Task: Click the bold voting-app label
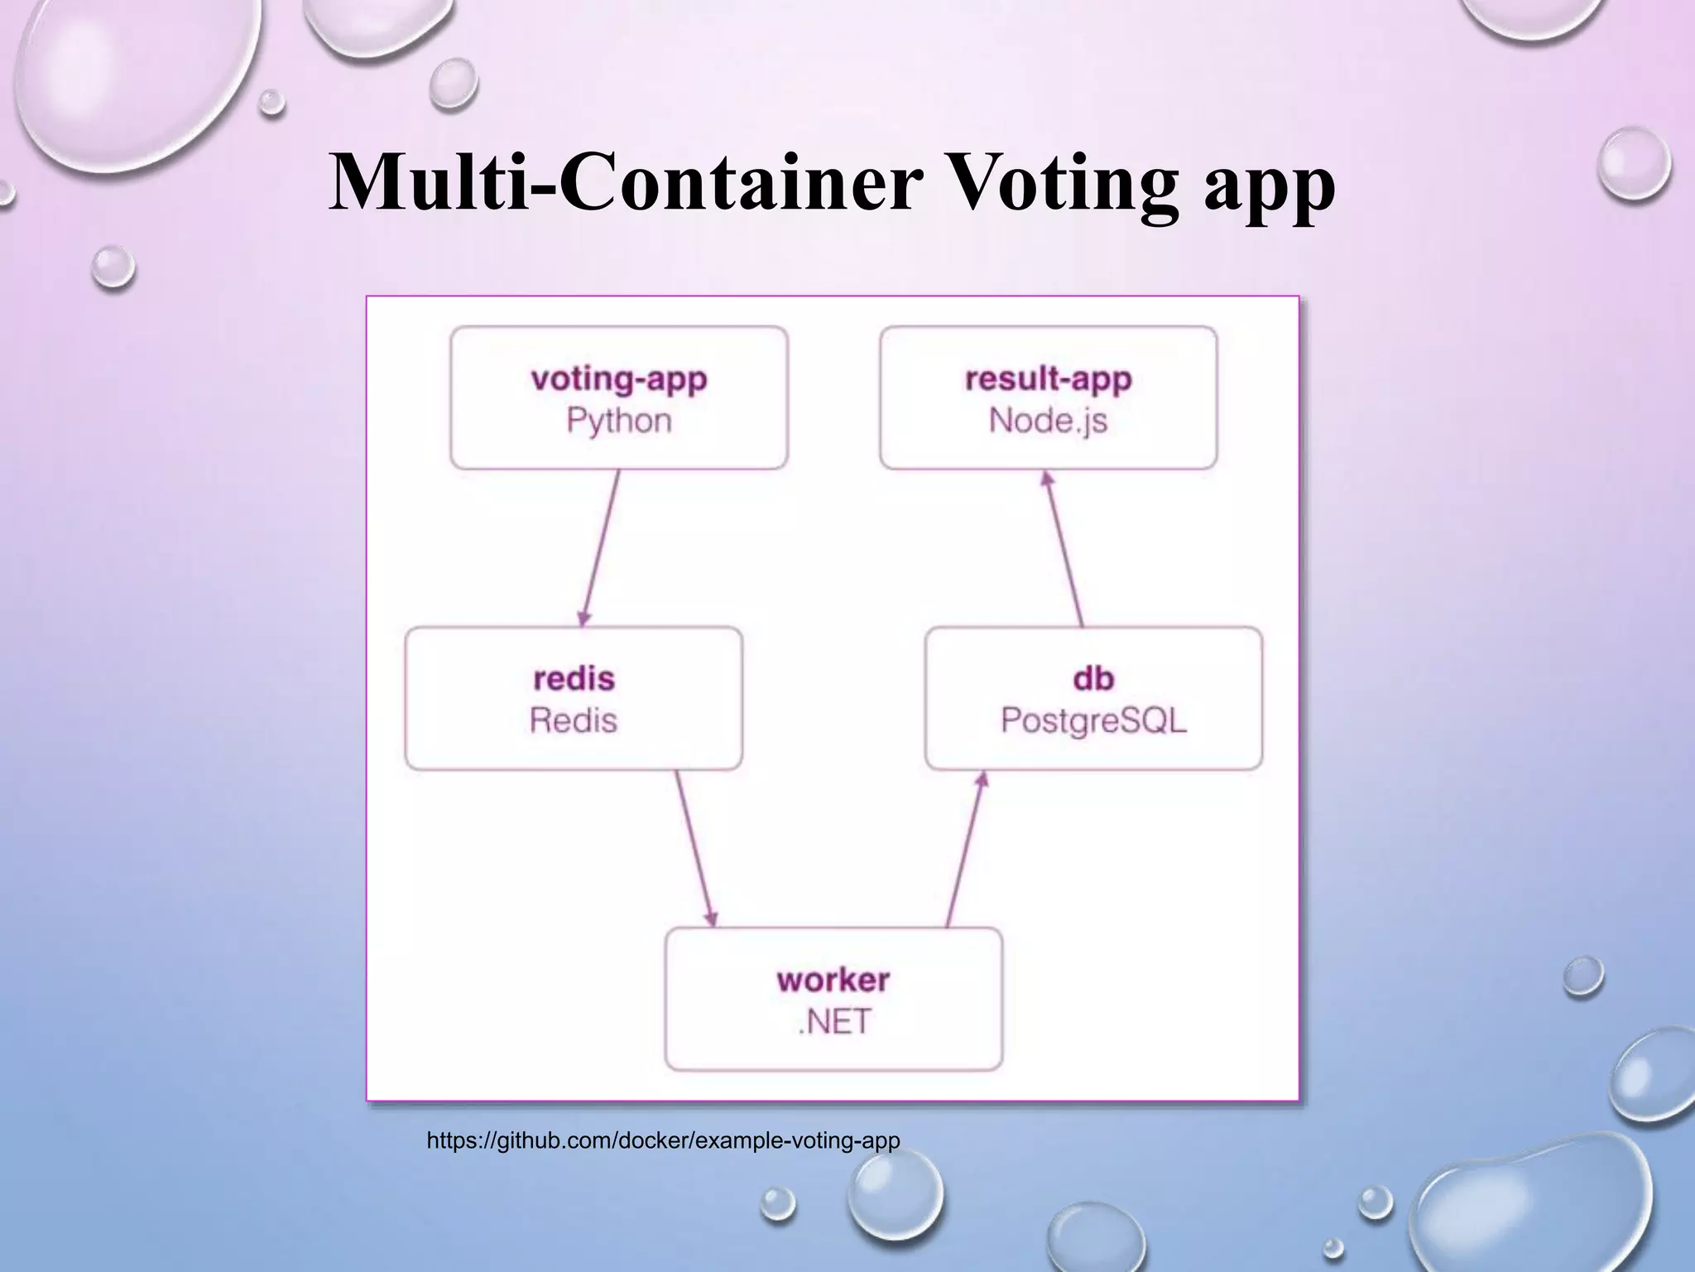click(x=619, y=379)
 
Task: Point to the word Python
click(x=619, y=421)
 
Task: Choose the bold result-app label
click(x=1049, y=379)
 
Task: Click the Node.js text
click(x=1049, y=421)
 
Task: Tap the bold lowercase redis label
click(x=574, y=679)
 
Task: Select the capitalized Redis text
click(x=574, y=720)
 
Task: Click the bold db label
click(x=1093, y=679)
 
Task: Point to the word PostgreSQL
click(x=1093, y=720)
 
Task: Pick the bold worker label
click(x=833, y=980)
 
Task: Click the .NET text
click(x=833, y=1022)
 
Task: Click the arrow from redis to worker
click(x=695, y=849)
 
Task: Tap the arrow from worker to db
click(x=965, y=849)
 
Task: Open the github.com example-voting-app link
click(x=663, y=1141)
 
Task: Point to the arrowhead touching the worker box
click(x=711, y=918)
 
